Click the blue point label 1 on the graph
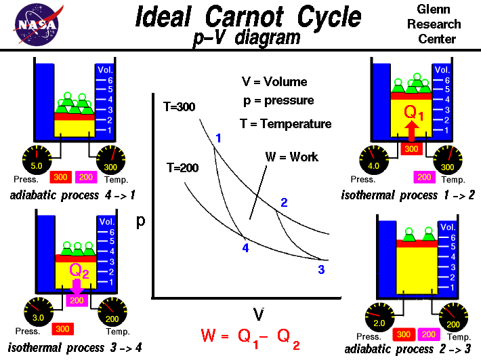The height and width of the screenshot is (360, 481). (219, 139)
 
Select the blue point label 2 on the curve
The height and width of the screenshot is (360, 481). (284, 202)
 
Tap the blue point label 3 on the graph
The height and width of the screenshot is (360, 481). (320, 270)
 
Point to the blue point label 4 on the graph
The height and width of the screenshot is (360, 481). (245, 247)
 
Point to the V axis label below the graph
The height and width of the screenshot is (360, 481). (258, 313)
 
